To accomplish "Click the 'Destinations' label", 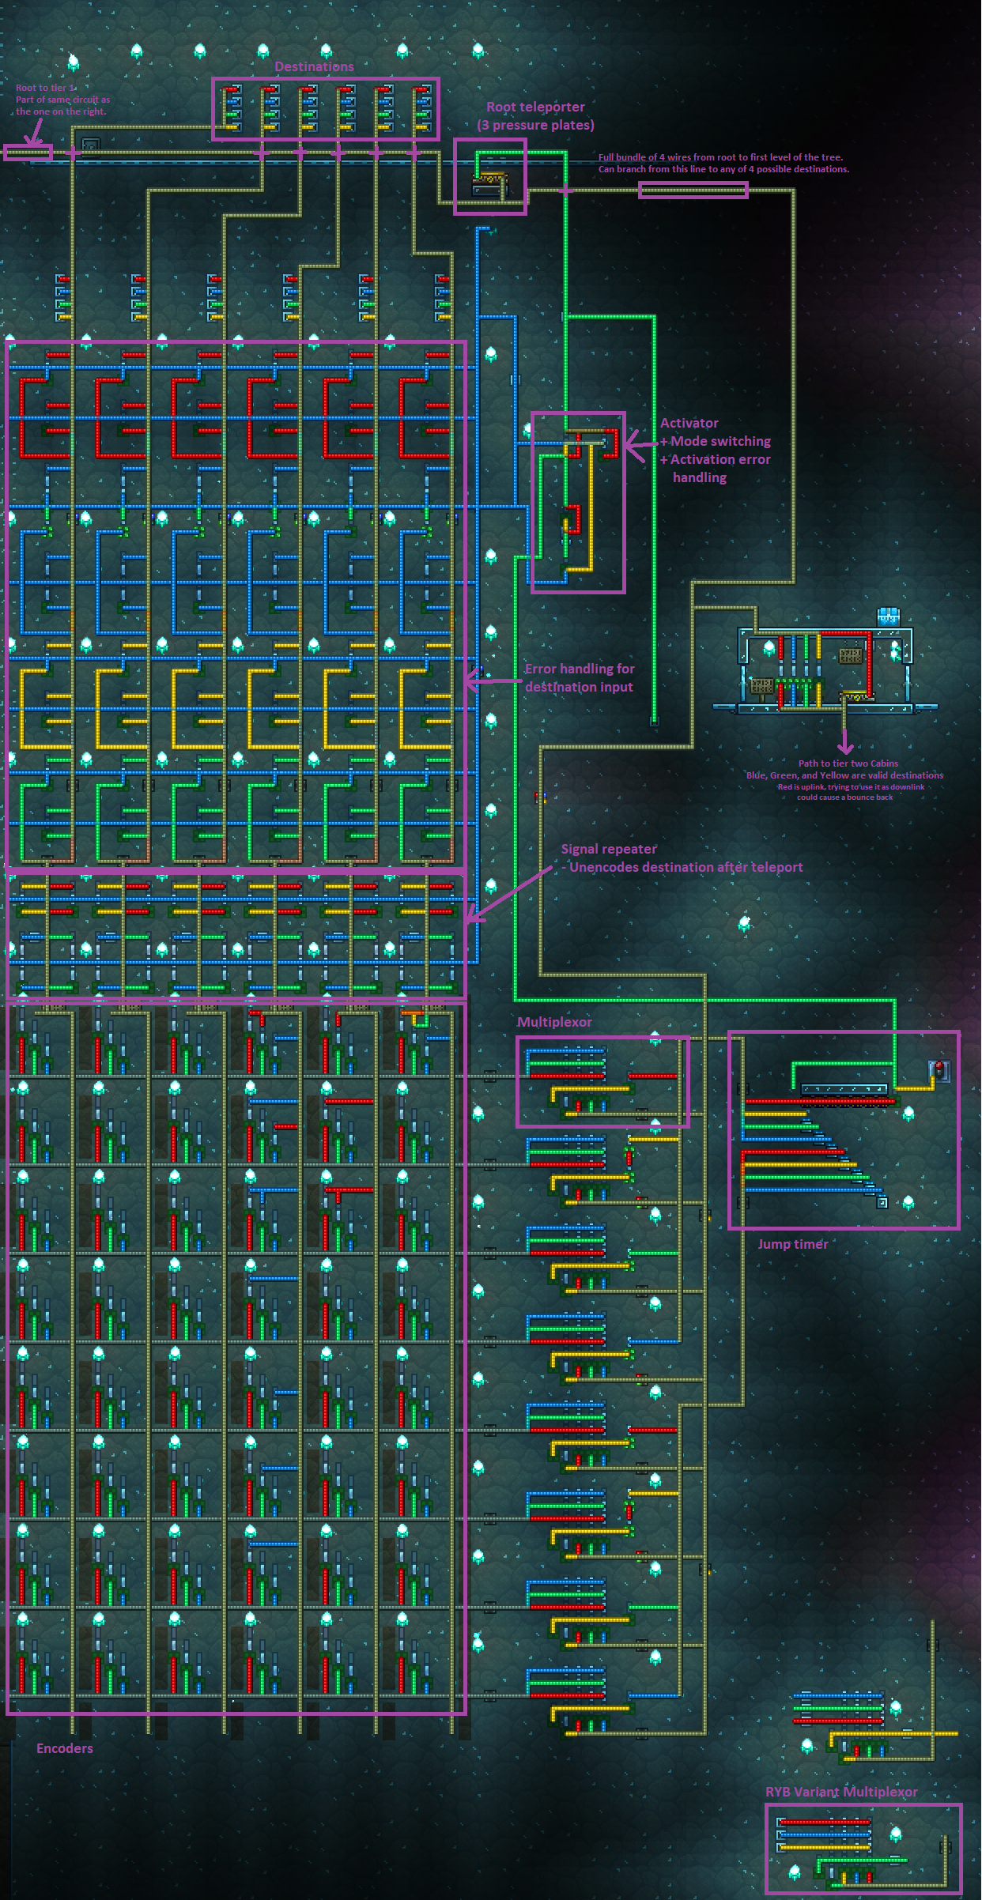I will (314, 66).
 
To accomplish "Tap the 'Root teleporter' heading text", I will (535, 107).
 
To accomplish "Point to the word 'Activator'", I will (689, 423).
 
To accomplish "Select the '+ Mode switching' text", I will (716, 441).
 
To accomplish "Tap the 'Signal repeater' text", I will (609, 849).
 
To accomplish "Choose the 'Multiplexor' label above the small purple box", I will (554, 1022).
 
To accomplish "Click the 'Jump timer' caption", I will (793, 1244).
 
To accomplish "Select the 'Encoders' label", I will (65, 1748).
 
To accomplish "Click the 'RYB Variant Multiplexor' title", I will (841, 1792).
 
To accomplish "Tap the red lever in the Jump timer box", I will (939, 1071).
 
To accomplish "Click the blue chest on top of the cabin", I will (889, 616).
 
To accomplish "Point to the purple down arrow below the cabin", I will (845, 743).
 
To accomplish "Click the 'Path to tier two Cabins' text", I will (848, 763).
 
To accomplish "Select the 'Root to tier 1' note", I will (46, 88).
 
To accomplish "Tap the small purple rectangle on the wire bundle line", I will (693, 190).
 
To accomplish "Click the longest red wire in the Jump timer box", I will (819, 1101).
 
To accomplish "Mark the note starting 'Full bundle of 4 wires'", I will (720, 157).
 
